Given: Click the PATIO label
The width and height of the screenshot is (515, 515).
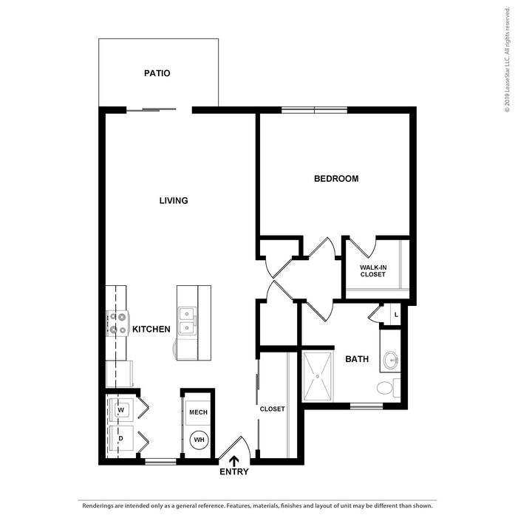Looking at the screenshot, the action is click(157, 73).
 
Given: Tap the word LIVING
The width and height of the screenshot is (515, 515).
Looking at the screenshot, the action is click(174, 200).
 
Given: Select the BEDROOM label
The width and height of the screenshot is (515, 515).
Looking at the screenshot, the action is click(336, 179).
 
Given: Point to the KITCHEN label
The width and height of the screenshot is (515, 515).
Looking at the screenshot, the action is click(151, 329).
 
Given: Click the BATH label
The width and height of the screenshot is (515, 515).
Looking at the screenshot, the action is click(357, 359).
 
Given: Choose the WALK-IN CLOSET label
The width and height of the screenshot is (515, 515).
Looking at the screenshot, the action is click(373, 271).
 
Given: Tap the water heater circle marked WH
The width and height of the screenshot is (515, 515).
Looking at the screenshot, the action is click(199, 440).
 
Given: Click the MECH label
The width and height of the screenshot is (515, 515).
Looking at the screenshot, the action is click(198, 412).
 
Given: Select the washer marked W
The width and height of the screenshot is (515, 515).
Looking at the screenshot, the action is click(121, 410).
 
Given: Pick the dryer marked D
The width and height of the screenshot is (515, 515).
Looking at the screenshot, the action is click(121, 438).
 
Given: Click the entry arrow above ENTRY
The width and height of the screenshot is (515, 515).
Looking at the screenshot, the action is click(233, 461).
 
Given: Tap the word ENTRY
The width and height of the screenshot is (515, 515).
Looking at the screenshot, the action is click(233, 471).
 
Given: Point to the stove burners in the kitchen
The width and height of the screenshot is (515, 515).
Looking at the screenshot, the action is click(118, 323).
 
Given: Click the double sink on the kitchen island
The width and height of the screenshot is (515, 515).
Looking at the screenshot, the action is click(187, 321).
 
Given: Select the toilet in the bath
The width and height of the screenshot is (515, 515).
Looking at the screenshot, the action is click(388, 388).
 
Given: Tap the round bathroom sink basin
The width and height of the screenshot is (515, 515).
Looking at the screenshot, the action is click(391, 361).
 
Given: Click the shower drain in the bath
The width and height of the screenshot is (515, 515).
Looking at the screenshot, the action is click(317, 376).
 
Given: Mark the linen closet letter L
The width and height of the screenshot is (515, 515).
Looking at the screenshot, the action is click(396, 315).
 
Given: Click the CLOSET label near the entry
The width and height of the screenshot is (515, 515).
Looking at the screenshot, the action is click(272, 409).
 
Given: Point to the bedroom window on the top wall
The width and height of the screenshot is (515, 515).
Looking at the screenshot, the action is click(314, 109).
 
